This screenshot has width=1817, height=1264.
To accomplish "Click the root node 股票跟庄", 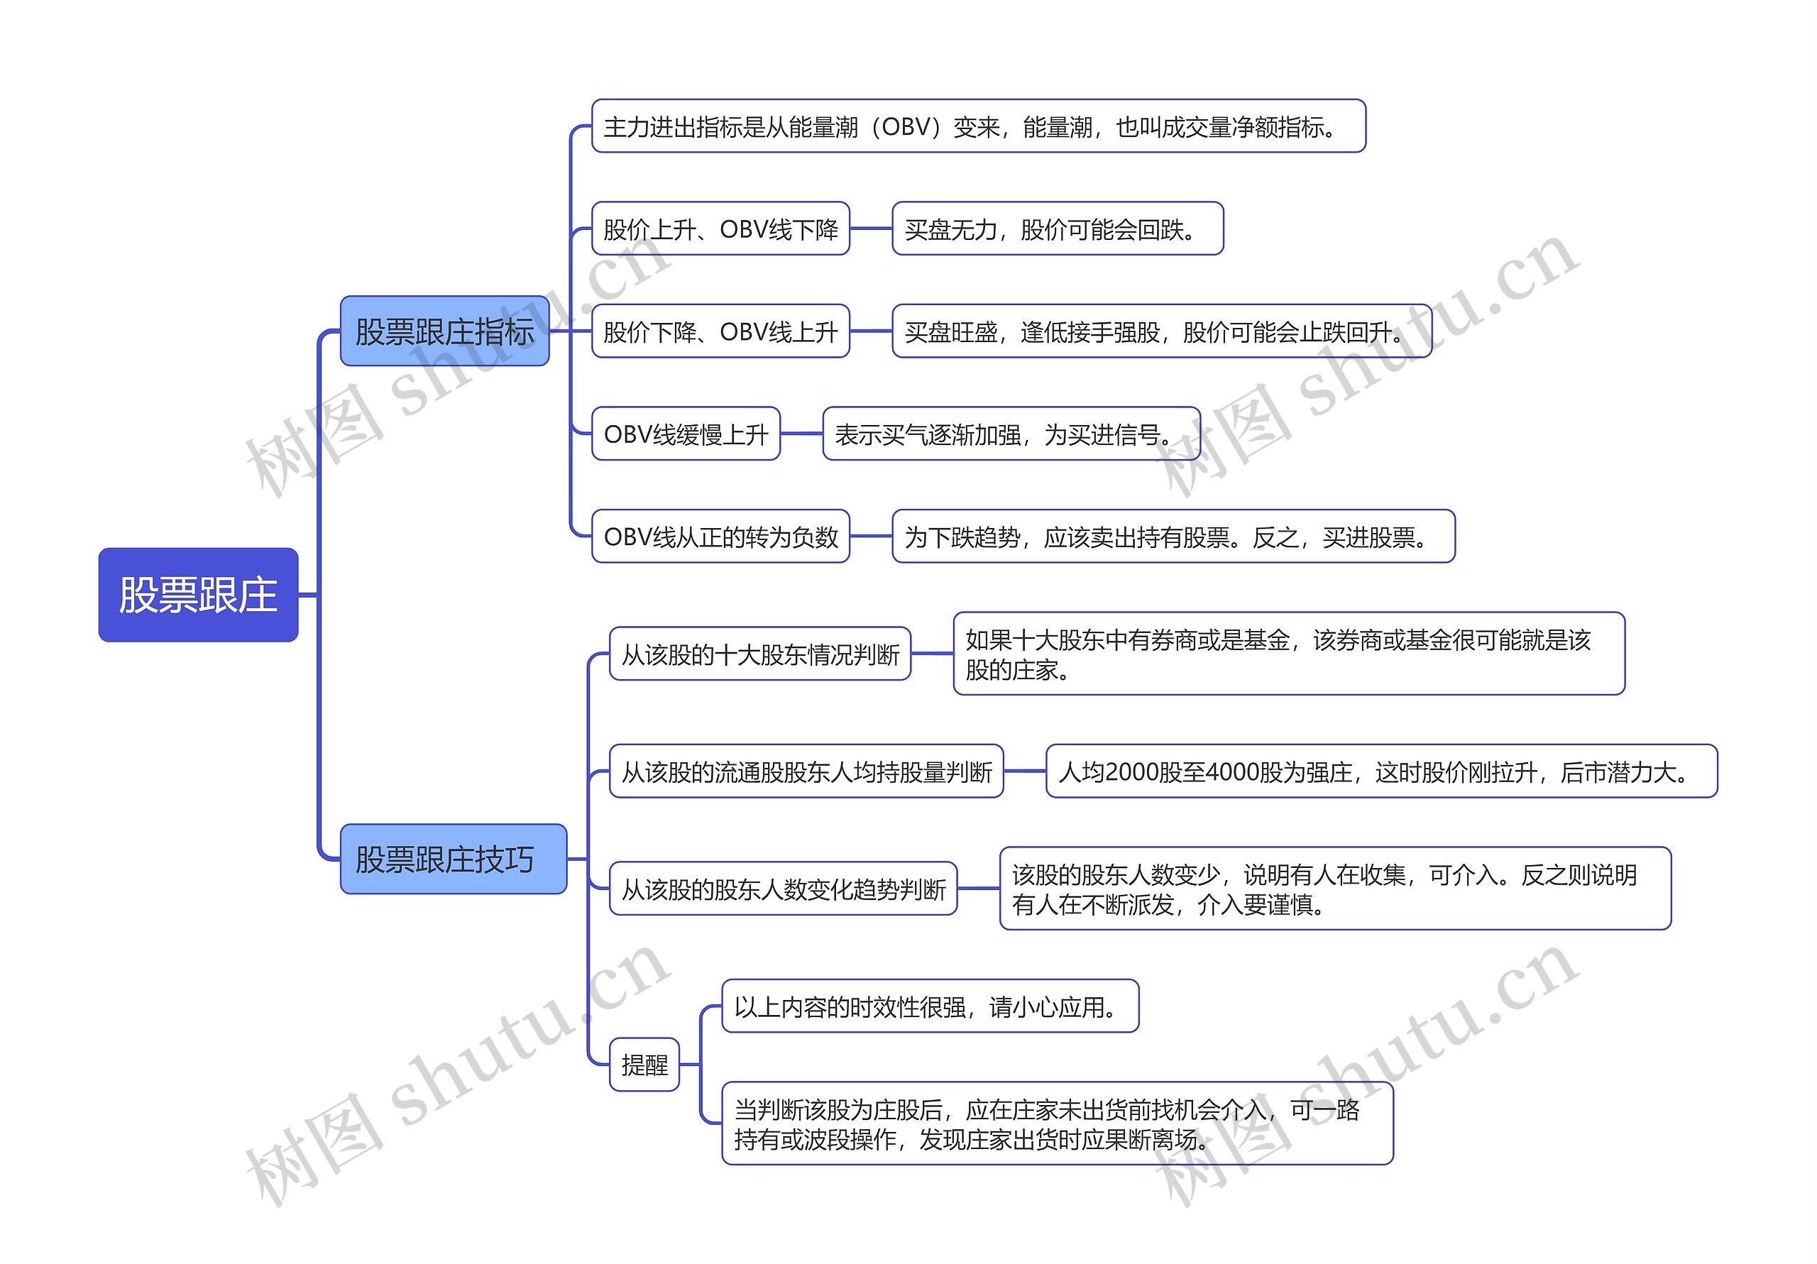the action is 198,595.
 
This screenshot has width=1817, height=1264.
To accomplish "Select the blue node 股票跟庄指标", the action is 444,331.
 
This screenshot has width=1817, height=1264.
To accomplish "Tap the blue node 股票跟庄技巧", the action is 453,859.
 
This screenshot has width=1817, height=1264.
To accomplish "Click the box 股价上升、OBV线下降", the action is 720,229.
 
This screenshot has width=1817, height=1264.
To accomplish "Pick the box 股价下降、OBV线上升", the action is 720,331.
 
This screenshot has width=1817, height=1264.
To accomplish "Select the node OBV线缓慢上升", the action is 686,434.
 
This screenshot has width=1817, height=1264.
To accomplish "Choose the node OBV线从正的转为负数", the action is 720,537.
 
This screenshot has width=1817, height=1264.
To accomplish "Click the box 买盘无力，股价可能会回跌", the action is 1058,229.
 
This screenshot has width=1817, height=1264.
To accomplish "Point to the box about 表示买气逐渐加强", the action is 1011,434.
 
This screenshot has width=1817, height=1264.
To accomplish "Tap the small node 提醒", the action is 644,1065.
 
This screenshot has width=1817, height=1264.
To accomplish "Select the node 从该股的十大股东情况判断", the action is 759,654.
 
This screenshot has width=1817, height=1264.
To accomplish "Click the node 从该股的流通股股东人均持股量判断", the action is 806,771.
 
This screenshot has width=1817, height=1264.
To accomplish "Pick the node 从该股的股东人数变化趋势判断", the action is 783,889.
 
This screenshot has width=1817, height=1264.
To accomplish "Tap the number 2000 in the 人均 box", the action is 1131,771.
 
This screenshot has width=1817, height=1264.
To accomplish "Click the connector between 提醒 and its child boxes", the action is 701,1065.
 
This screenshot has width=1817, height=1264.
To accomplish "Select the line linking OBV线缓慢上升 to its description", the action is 801,434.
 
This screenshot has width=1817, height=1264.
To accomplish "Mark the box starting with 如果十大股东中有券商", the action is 1288,654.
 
